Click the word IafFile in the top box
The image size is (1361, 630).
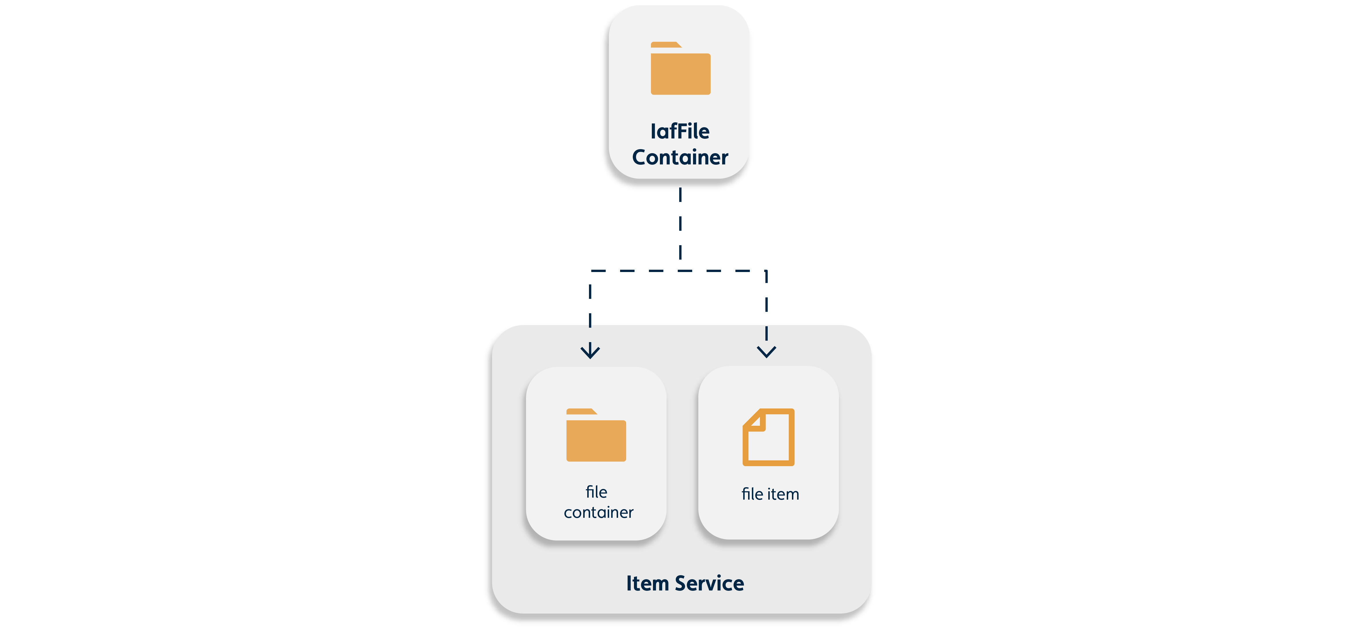680,131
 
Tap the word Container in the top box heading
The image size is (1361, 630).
680,157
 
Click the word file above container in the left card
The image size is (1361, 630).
596,492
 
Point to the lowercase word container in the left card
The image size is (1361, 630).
598,512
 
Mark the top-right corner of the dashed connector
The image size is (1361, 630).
766,271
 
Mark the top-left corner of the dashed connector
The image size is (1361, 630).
591,271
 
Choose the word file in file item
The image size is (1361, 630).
752,494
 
